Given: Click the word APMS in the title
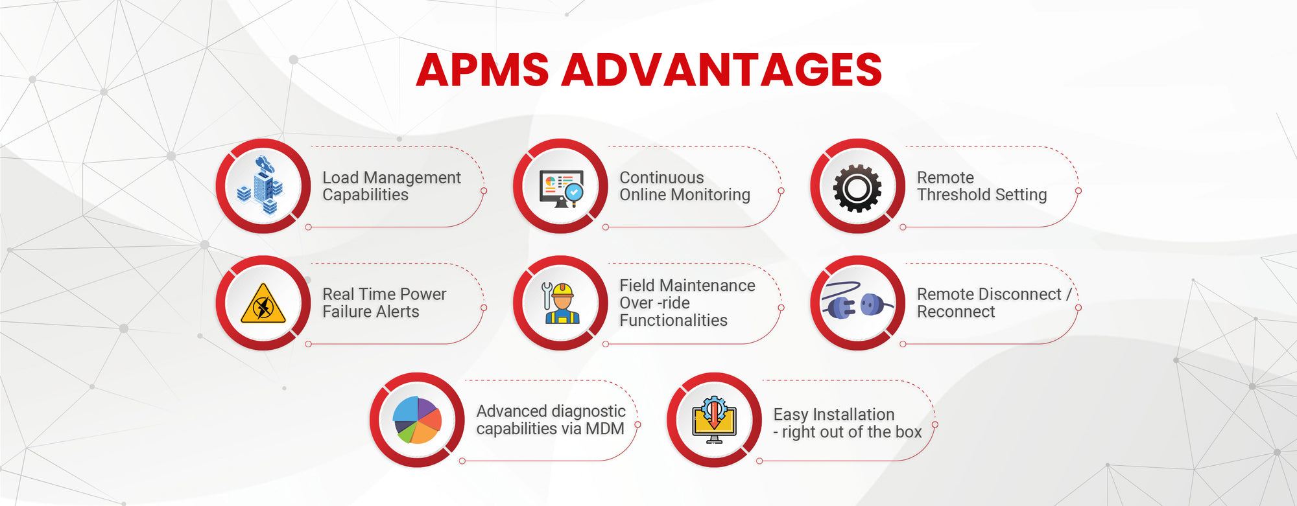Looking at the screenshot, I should (482, 70).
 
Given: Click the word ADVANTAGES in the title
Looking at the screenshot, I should (721, 70).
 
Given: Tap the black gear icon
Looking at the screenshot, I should (857, 188).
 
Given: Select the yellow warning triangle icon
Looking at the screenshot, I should (263, 304).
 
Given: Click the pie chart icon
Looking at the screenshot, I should (417, 420).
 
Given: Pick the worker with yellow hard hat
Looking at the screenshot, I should (561, 303).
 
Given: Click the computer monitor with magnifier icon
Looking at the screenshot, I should (561, 188).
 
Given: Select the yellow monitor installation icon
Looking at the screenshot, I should (713, 420).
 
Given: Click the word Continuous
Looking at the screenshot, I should (661, 178).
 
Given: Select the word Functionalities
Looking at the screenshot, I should (673, 320).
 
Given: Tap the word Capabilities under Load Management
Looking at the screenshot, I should (365, 195).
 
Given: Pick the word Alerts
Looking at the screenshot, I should (398, 312).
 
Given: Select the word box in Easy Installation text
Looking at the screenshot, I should (908, 432).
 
